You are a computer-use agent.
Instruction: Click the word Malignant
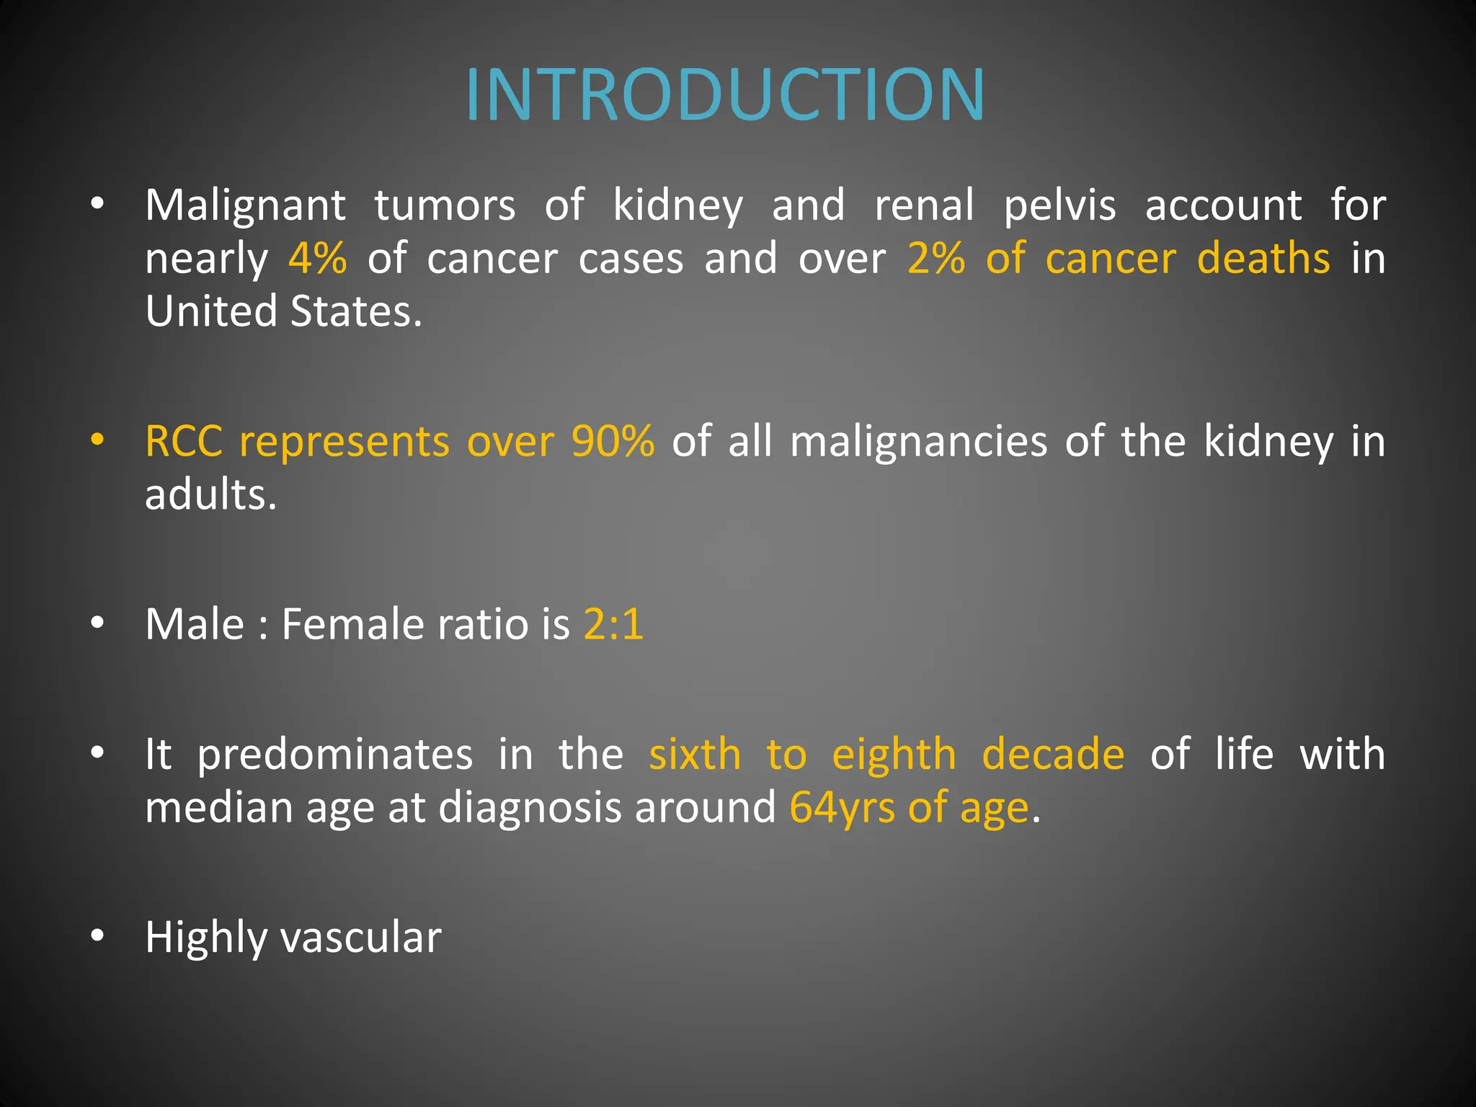246,205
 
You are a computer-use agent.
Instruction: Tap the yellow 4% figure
317,259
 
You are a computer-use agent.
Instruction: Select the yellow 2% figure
935,259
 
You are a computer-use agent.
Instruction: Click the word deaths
1263,259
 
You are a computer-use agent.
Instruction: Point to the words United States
283,311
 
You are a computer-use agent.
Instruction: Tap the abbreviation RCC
184,441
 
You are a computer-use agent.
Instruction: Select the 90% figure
613,441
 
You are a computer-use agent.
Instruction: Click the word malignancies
918,443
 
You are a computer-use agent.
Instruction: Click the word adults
210,495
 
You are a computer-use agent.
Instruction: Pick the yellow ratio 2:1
613,624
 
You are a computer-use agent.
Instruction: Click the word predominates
335,755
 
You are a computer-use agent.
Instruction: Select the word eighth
894,755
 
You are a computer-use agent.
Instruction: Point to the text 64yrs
842,808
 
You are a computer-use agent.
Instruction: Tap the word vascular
360,938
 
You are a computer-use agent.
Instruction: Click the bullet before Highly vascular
98,935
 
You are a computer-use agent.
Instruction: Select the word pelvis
1059,205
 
